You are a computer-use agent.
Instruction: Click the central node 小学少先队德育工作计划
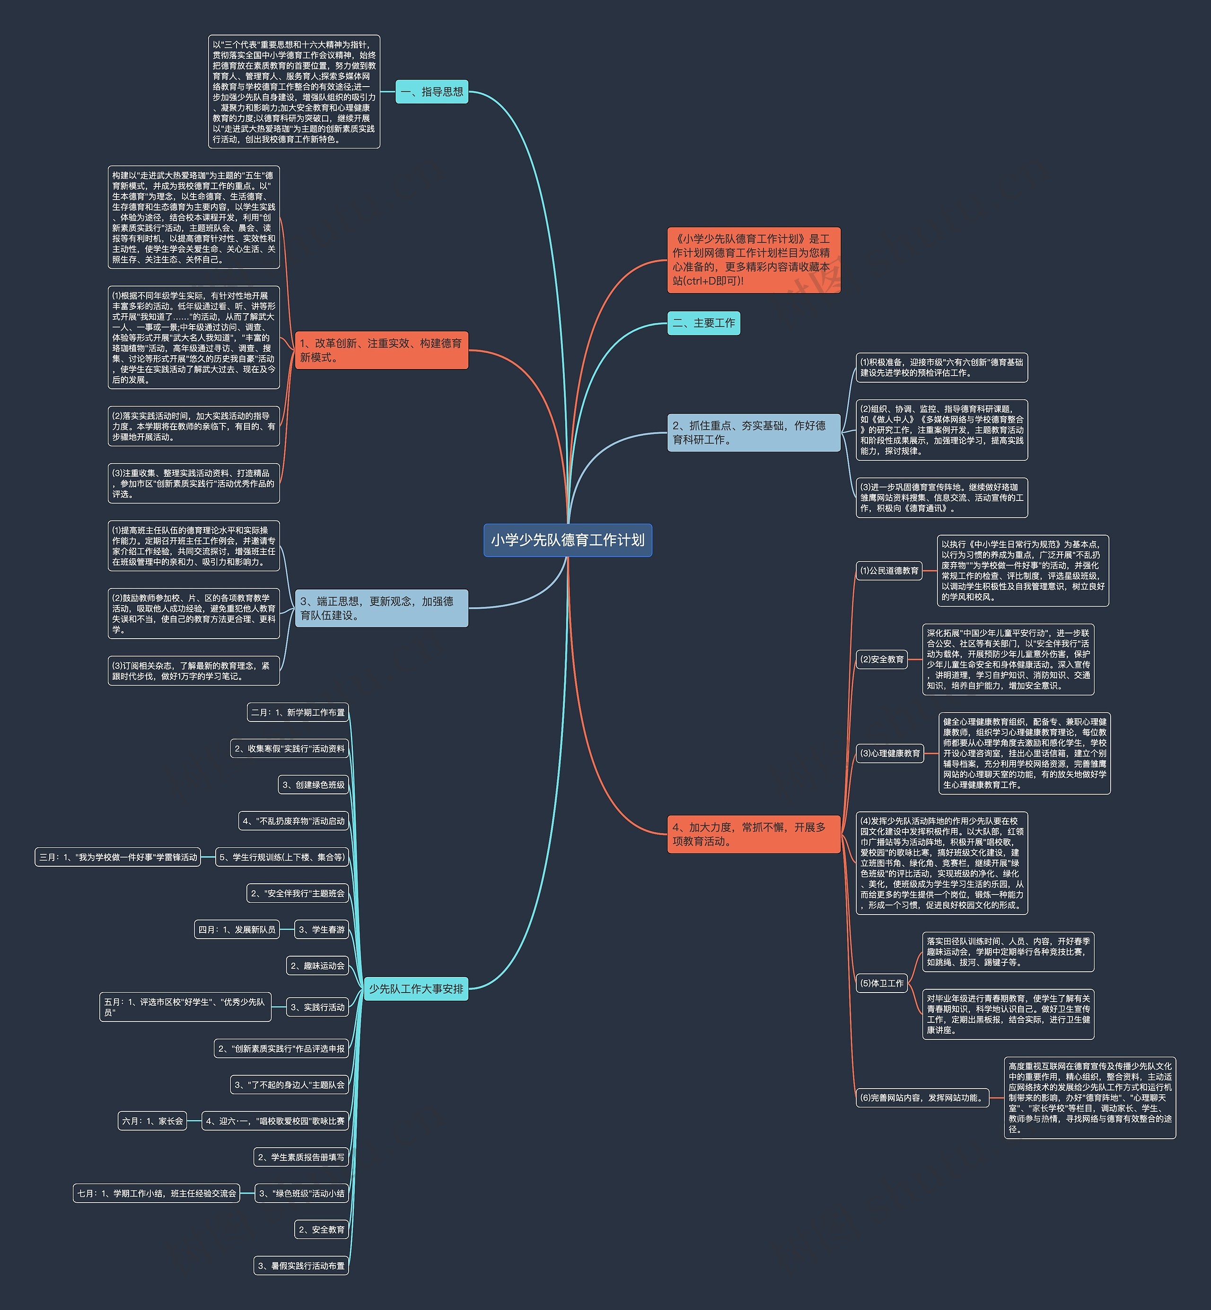click(x=568, y=540)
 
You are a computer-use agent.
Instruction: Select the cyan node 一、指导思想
click(x=432, y=92)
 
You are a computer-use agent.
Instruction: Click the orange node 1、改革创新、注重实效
click(x=381, y=350)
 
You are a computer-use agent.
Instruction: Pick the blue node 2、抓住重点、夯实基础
click(x=753, y=432)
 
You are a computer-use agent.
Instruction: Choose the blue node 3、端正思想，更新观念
click(x=381, y=608)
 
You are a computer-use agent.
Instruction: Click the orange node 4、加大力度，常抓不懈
click(x=753, y=834)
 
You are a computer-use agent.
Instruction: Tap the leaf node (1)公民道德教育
click(x=889, y=571)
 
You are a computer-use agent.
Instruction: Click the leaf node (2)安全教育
click(x=882, y=659)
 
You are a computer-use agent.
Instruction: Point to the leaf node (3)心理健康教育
click(x=890, y=754)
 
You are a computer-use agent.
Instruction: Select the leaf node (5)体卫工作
click(x=882, y=983)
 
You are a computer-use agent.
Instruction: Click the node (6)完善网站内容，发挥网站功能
click(x=922, y=1098)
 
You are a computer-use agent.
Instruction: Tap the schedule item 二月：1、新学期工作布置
click(x=298, y=712)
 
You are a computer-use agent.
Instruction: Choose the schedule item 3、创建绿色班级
click(x=313, y=785)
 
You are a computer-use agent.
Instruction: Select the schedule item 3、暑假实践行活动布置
click(x=301, y=1266)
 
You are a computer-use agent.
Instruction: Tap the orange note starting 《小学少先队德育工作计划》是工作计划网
click(x=753, y=260)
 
